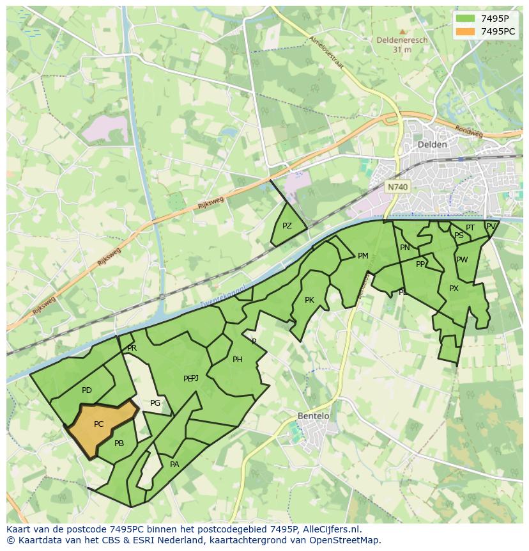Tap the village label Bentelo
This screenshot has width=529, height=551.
tap(314, 416)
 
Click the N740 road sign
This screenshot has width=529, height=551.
tap(397, 187)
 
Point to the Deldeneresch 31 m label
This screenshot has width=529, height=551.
tap(402, 44)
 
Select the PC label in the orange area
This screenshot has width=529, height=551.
tap(98, 424)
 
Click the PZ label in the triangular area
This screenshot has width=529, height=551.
tap(287, 226)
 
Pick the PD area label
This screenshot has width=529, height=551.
tap(87, 390)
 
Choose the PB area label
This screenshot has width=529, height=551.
tap(119, 443)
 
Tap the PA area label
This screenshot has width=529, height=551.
tap(174, 465)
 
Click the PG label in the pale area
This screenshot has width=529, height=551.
tap(155, 403)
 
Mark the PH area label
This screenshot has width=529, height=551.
tap(237, 360)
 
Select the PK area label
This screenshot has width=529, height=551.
tap(309, 300)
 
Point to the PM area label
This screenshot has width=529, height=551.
tap(363, 256)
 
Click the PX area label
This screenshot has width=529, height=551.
tap(454, 289)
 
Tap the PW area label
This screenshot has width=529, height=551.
tap(462, 260)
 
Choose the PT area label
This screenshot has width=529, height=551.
tap(470, 228)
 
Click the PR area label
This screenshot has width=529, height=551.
tap(132, 348)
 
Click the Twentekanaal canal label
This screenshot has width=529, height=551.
tap(223, 296)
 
